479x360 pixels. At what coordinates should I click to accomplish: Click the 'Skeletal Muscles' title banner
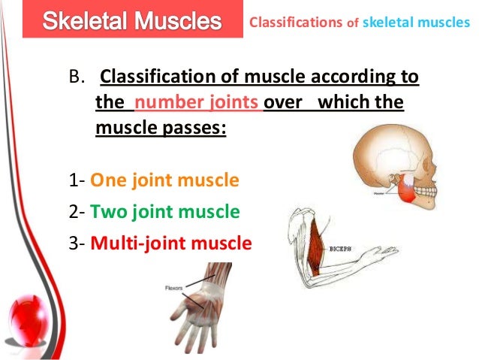pos(132,20)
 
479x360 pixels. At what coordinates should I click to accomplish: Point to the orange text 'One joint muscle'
pos(164,180)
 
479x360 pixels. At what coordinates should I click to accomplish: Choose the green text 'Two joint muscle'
pos(164,212)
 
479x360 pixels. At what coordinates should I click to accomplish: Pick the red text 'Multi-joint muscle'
pos(170,244)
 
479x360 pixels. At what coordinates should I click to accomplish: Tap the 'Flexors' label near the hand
pos(174,286)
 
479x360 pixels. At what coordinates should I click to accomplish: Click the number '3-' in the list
pos(77,244)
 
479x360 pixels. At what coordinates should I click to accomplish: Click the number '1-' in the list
pos(77,180)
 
